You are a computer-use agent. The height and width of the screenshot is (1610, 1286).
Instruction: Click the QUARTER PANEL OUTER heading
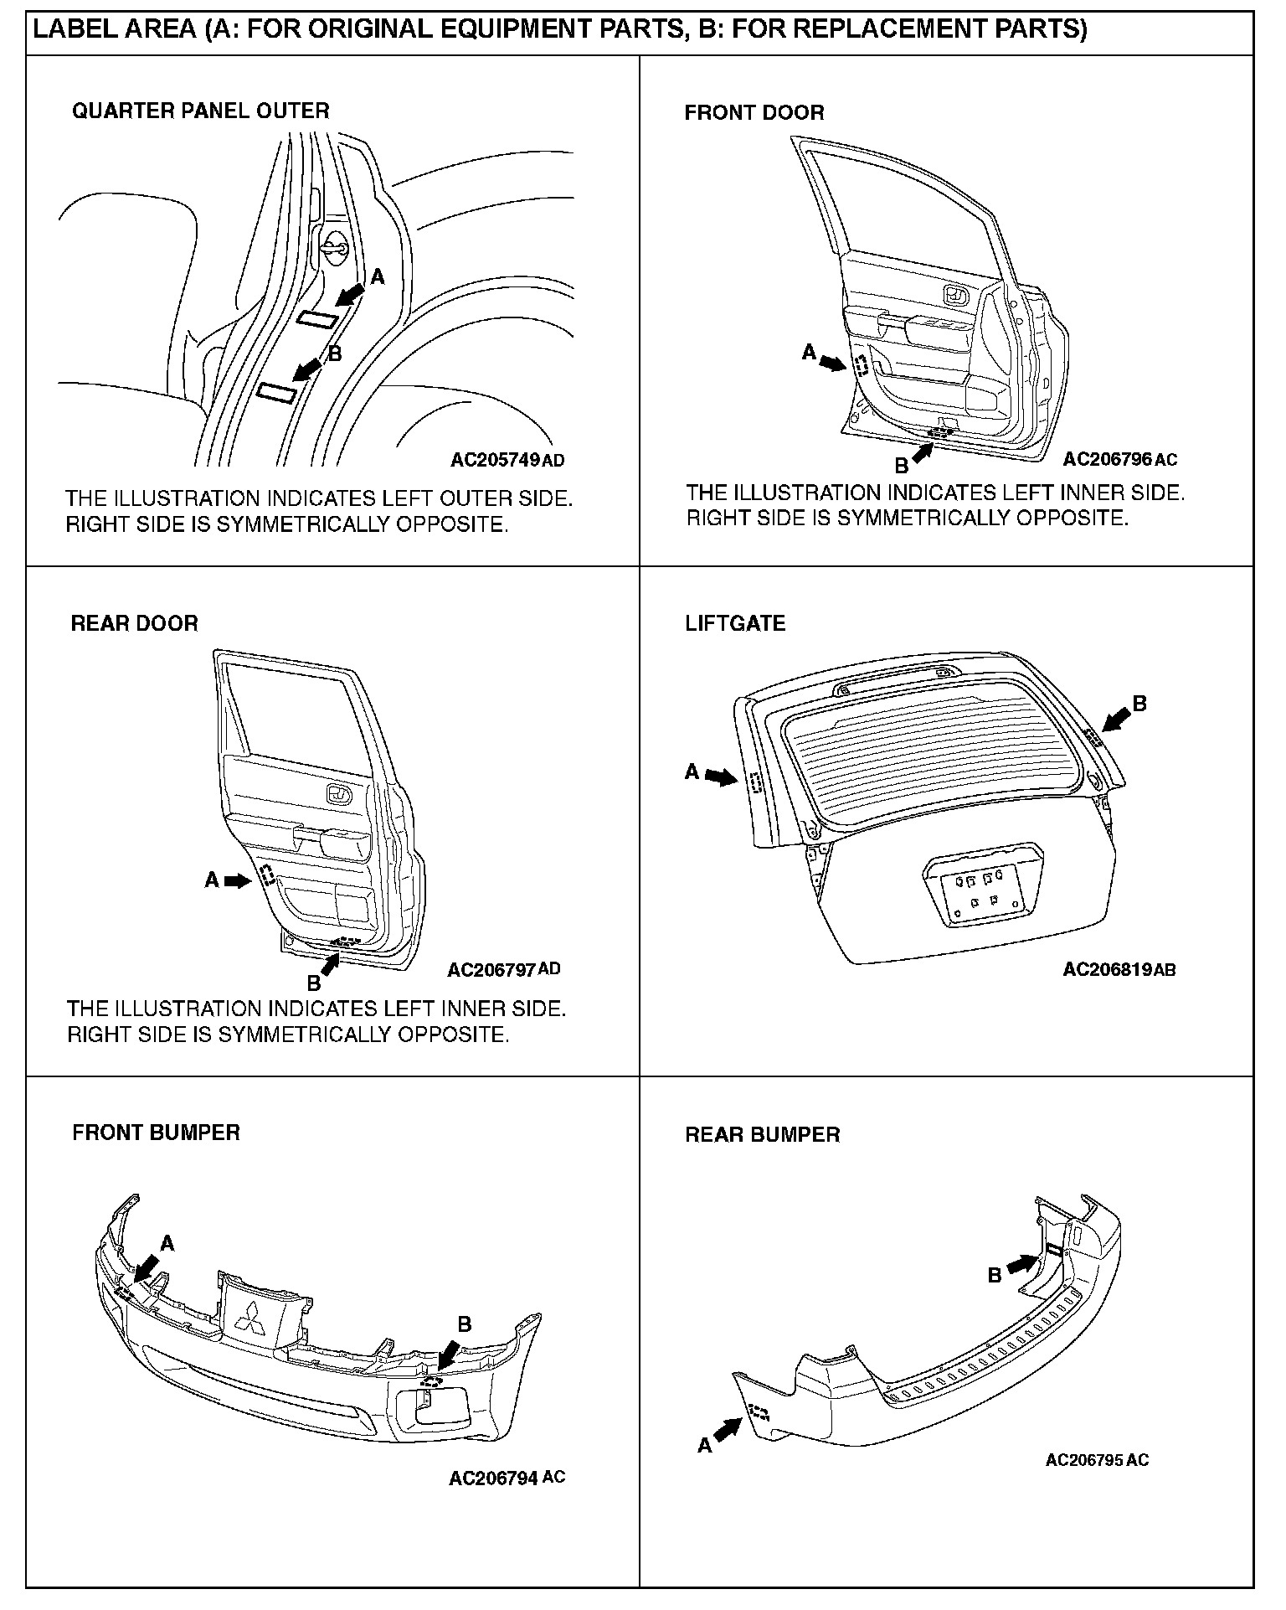200,111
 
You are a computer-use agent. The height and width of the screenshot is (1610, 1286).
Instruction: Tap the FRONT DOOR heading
754,112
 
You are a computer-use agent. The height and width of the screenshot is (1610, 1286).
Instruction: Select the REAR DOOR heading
134,623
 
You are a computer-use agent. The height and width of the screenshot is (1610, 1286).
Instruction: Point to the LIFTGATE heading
735,623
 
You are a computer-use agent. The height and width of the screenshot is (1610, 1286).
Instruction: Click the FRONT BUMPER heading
156,1133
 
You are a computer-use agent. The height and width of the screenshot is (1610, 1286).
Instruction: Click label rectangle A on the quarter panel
319,318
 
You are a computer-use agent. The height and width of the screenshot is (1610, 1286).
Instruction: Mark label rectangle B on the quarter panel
279,392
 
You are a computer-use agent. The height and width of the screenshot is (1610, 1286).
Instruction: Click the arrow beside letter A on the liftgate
720,777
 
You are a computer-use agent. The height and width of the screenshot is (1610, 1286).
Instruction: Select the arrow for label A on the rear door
239,880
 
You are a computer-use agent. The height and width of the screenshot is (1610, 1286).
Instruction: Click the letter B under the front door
902,466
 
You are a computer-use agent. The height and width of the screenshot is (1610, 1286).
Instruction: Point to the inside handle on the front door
955,295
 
